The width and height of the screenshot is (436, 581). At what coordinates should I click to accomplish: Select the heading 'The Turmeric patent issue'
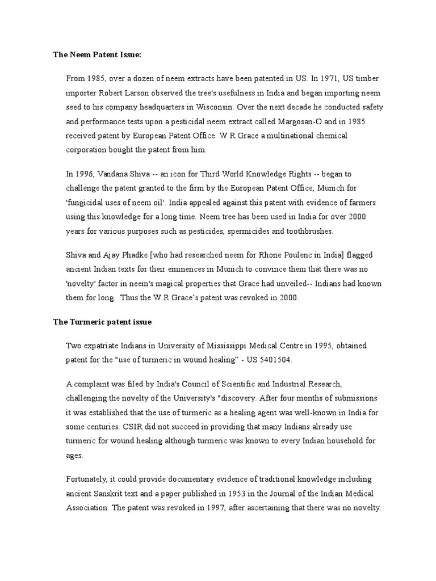pos(102,322)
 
